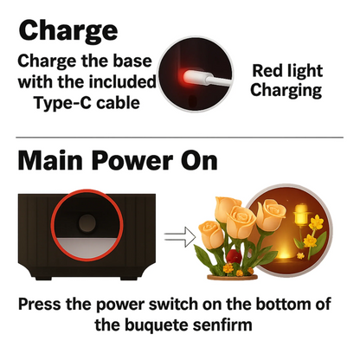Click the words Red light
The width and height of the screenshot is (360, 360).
click(287, 71)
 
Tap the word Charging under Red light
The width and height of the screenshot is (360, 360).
click(286, 91)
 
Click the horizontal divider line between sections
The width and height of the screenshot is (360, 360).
click(179, 138)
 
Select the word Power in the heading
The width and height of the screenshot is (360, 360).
click(132, 161)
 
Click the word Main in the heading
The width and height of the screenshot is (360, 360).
click(50, 161)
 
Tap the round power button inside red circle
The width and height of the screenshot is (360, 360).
click(87, 223)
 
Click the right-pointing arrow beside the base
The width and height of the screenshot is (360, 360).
click(179, 237)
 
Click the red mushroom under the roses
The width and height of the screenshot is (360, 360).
click(234, 256)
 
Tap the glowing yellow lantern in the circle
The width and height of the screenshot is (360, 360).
click(300, 215)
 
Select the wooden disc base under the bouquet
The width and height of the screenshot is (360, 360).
click(232, 277)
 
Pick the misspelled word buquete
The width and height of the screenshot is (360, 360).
click(156, 325)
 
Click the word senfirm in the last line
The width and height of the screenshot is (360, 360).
click(222, 325)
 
